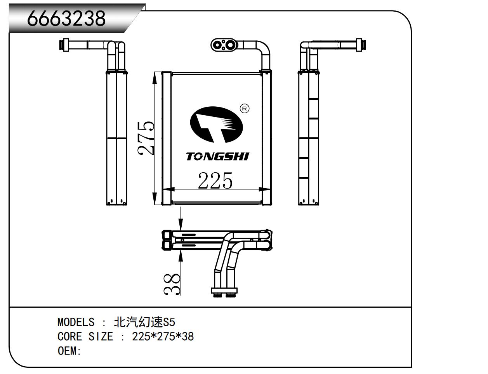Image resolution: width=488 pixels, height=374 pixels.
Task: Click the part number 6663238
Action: [x=66, y=18]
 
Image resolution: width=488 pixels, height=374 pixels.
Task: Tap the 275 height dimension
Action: [x=146, y=138]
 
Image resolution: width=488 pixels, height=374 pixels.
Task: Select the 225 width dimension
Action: [x=215, y=180]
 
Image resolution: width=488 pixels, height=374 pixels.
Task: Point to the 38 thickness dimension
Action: [x=172, y=284]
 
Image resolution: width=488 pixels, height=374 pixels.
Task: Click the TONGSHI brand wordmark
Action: [x=218, y=156]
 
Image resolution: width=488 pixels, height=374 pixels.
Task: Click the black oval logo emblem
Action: [x=217, y=125]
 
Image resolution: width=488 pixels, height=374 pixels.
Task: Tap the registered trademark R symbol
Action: [x=245, y=109]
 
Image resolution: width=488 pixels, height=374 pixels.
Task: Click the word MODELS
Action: [x=76, y=322]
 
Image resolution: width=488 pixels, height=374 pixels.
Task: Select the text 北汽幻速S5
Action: [x=144, y=322]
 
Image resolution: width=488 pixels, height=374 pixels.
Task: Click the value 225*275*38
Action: [x=163, y=336]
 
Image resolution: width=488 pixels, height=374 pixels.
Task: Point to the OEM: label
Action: [x=69, y=351]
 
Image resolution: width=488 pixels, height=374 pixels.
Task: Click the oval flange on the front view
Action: [x=224, y=45]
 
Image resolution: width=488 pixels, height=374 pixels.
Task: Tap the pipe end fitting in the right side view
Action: [x=361, y=45]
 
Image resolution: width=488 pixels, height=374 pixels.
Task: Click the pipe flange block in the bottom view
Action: [x=224, y=291]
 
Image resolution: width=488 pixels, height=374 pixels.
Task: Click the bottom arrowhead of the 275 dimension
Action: [x=155, y=199]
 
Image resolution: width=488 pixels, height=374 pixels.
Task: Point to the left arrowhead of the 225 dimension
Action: [x=168, y=189]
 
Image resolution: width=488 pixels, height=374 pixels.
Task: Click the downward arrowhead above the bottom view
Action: [x=181, y=224]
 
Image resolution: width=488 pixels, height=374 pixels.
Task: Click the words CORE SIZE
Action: [x=85, y=336]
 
